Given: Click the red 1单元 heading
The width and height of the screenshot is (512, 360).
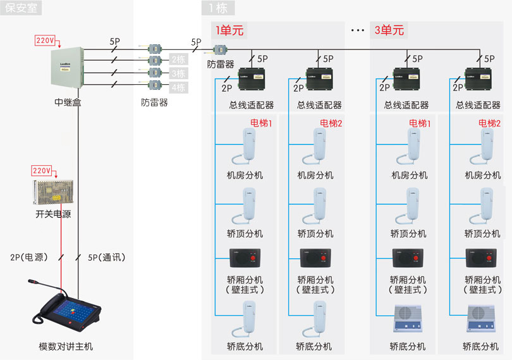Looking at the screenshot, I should (x=229, y=30).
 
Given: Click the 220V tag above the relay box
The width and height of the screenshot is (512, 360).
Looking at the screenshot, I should (x=46, y=40).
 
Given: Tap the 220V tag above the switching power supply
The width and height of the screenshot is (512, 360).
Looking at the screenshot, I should (x=42, y=171).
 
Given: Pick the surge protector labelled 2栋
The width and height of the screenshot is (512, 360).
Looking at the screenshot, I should (x=155, y=60).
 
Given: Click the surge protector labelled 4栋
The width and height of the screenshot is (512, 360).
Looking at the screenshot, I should (x=155, y=86).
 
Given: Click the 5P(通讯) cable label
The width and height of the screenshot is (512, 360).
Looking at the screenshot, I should (x=107, y=258).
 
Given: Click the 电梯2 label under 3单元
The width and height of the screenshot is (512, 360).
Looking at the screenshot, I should (x=489, y=123).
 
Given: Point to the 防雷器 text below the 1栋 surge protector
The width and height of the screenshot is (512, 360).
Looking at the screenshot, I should (x=221, y=64).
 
